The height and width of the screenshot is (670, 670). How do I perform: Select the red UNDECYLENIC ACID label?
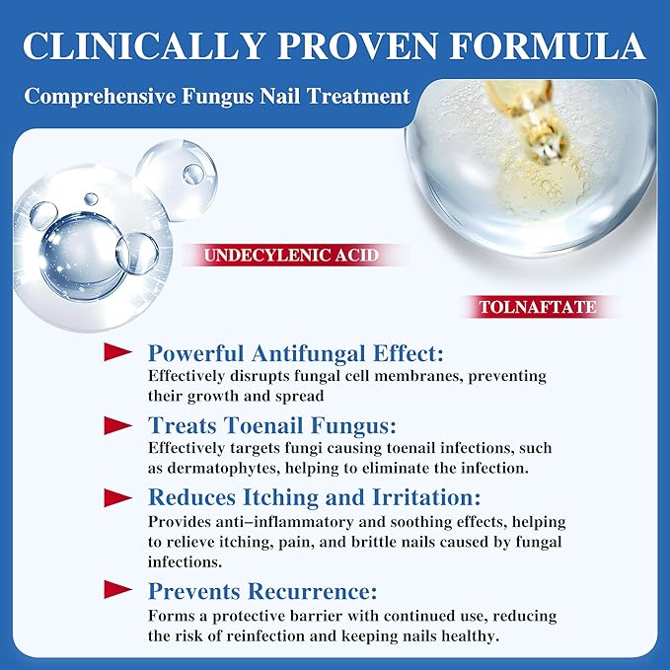(291, 256)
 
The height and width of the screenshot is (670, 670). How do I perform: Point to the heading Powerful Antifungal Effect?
(295, 353)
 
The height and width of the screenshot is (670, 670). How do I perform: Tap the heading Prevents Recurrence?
(262, 592)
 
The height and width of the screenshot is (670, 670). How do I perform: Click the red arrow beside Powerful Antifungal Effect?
(117, 352)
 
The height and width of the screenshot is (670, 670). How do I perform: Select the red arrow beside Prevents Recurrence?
(117, 592)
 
